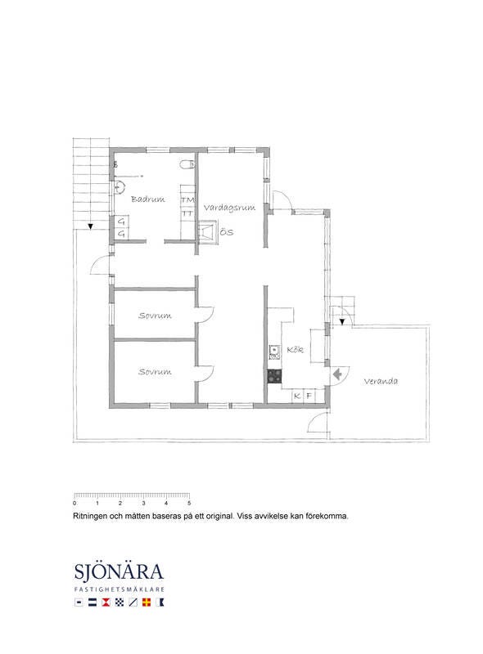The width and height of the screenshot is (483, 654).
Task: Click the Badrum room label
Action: coord(148,199)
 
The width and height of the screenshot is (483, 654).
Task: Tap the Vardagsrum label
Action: coord(229,208)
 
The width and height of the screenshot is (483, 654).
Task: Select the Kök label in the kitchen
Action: coord(295,350)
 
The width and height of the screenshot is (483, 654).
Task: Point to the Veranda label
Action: coord(381,381)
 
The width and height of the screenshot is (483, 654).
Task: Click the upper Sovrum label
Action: coord(155,316)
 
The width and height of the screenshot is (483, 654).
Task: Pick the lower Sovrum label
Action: coord(155,372)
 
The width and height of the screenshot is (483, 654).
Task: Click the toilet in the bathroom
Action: coord(187,164)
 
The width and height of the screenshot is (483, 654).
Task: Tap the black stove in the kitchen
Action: coord(274,376)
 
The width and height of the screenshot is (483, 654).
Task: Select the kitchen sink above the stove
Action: coord(274,352)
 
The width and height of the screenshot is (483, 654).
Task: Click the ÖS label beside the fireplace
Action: coord(227,232)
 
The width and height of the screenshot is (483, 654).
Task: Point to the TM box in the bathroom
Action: coord(187,200)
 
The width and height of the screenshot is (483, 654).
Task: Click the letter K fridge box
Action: coord(297,396)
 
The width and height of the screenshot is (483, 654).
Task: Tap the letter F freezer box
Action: coord(309,396)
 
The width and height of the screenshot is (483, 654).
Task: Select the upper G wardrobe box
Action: coord(121,222)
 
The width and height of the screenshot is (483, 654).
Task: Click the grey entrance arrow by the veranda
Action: coord(337,374)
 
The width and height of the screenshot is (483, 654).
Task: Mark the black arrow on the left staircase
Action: coord(90,227)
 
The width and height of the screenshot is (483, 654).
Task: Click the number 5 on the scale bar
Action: coord(189,504)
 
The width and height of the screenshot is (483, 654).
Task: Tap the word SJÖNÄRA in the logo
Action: coord(119,571)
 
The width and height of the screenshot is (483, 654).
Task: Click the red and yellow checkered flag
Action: coord(147,602)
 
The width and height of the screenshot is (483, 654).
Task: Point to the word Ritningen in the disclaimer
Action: coord(90,517)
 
